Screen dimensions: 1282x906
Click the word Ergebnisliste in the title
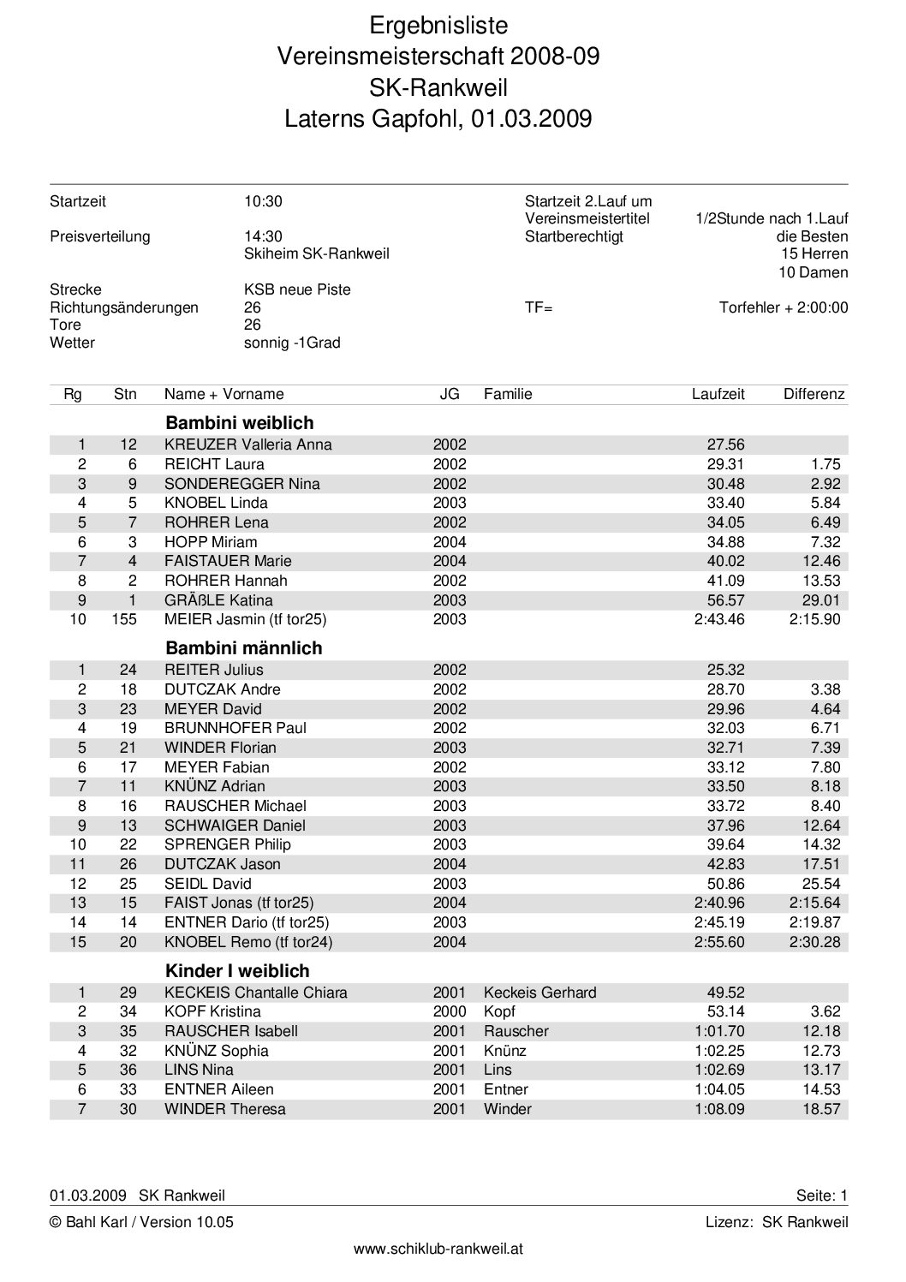(x=438, y=25)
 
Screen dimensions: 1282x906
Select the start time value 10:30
(x=263, y=202)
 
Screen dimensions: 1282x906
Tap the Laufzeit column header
(x=718, y=395)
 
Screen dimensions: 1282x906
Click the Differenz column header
(x=814, y=395)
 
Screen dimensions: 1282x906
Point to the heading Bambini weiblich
(x=240, y=423)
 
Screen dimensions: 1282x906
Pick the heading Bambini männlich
(x=244, y=648)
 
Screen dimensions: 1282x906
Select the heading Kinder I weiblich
(x=237, y=971)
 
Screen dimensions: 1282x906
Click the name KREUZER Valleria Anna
(x=248, y=444)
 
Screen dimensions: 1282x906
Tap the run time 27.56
(x=725, y=444)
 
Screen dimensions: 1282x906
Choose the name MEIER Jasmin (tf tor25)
(x=246, y=619)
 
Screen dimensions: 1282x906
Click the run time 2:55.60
(x=719, y=942)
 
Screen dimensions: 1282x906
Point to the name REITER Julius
(x=214, y=670)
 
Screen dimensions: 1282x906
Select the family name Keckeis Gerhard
(x=540, y=993)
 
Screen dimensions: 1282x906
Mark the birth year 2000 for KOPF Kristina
(x=450, y=1011)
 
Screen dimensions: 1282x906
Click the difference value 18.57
(x=821, y=1109)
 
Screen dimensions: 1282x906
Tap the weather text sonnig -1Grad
(x=292, y=343)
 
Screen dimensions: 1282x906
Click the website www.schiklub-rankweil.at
(x=438, y=1249)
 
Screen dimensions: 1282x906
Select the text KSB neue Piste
(x=297, y=289)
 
